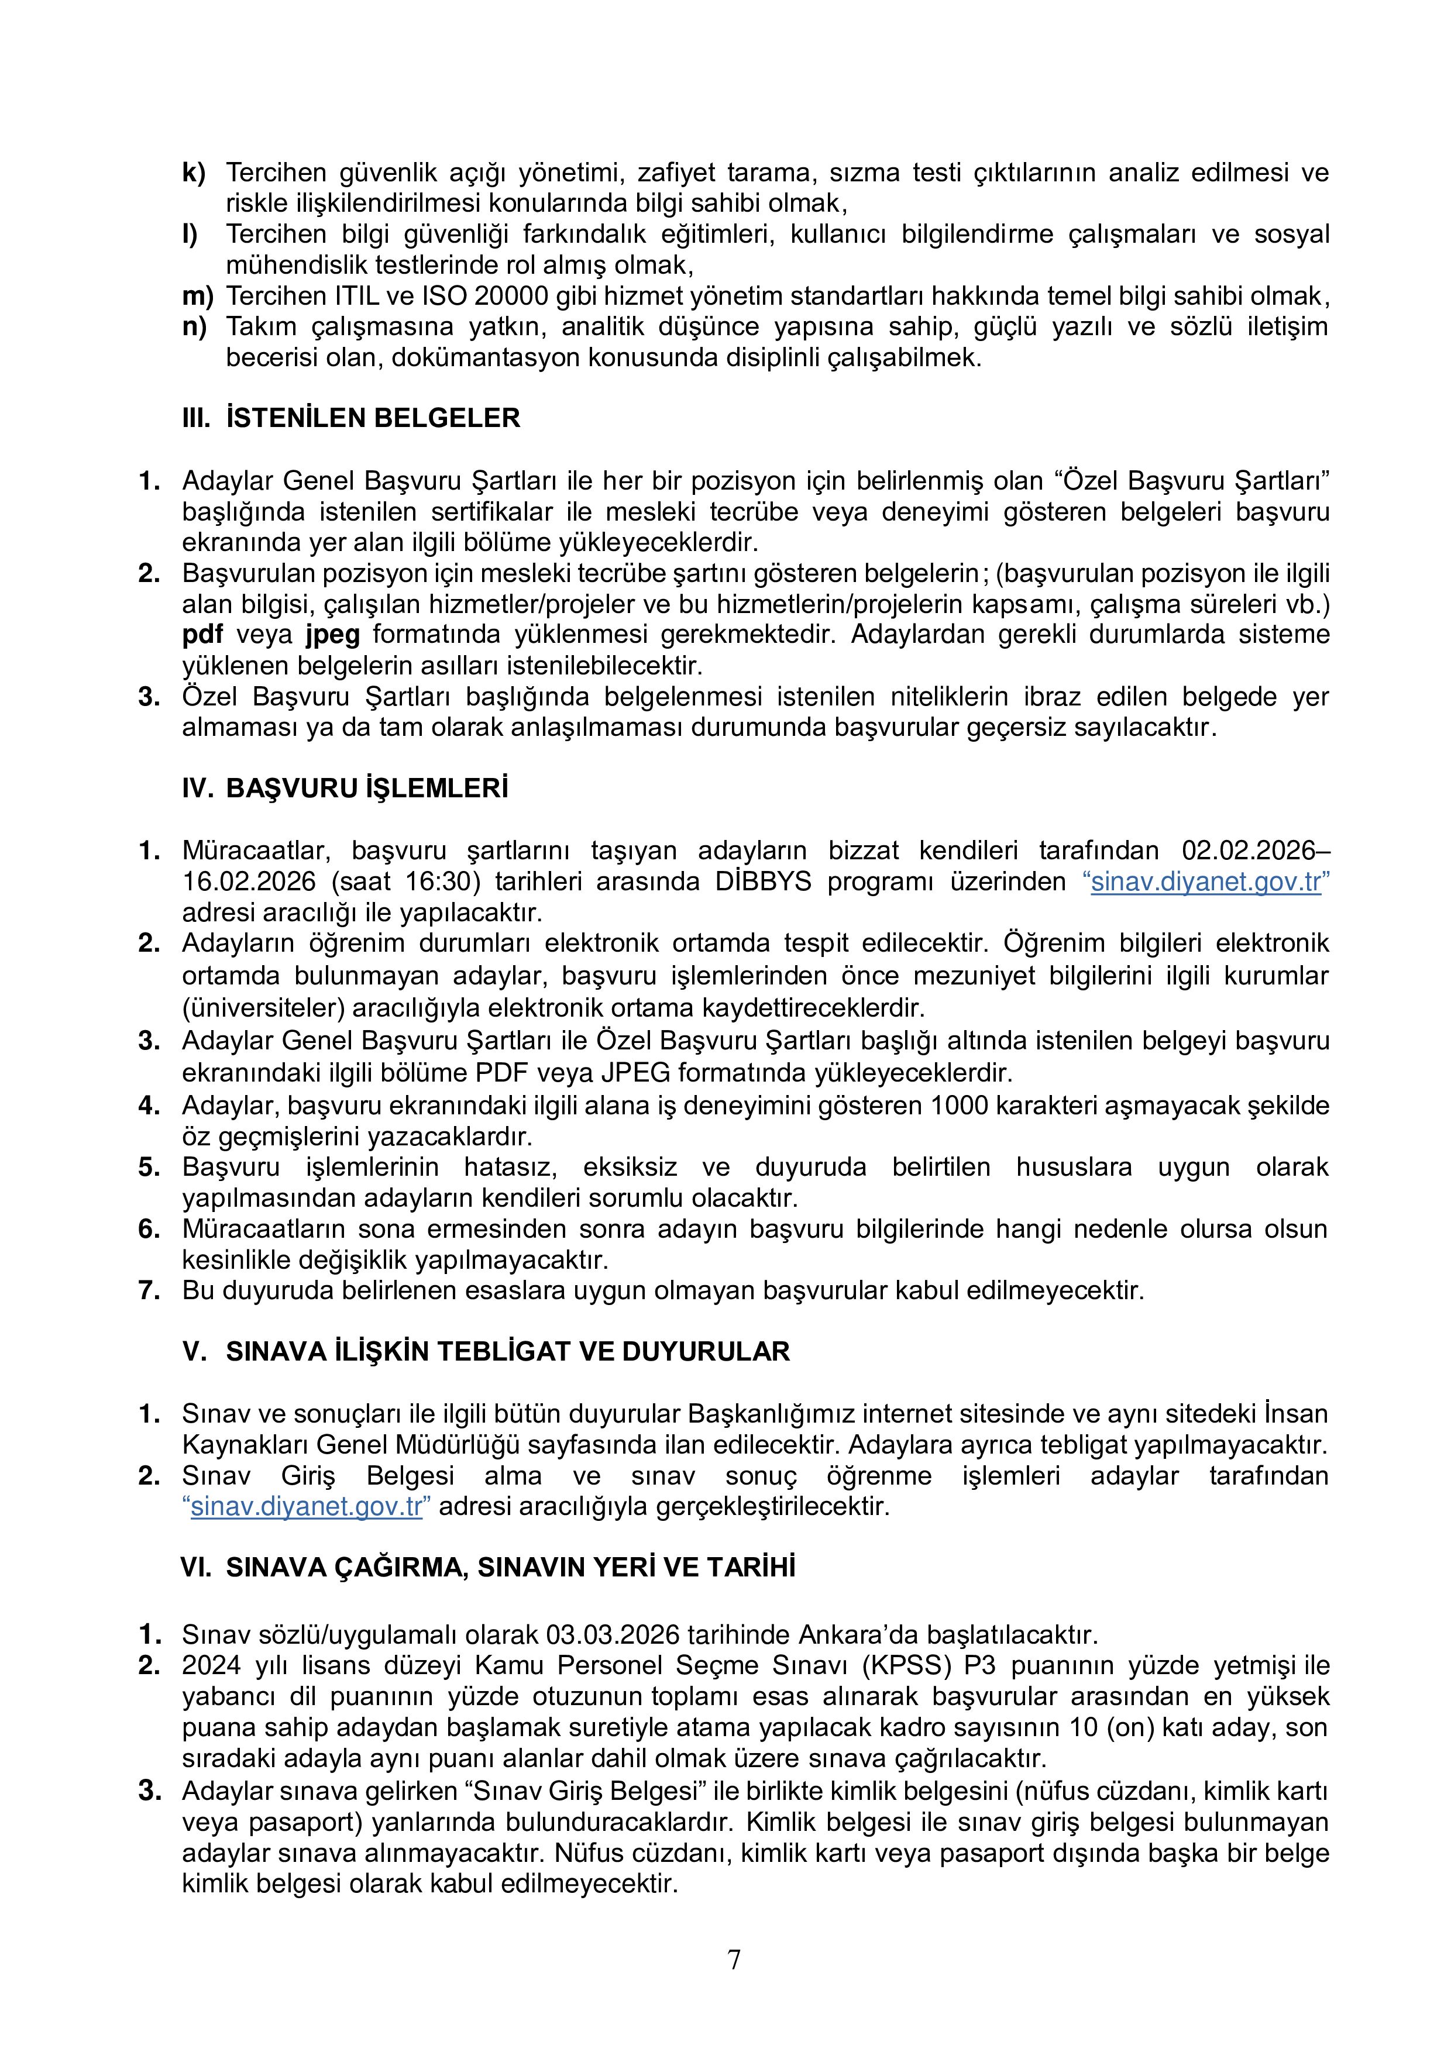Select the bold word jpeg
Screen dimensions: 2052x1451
[332, 635]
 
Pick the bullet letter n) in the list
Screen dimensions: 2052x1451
[194, 326]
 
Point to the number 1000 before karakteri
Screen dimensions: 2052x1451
[960, 1106]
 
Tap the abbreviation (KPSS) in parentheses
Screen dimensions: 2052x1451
[908, 1666]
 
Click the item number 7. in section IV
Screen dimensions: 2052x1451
[149, 1290]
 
